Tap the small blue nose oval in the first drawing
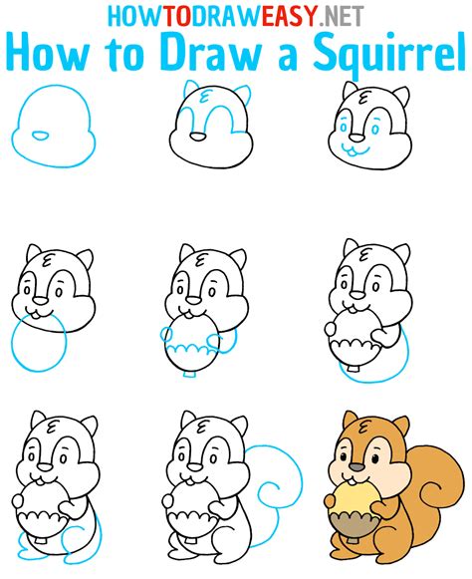[x=40, y=135]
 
